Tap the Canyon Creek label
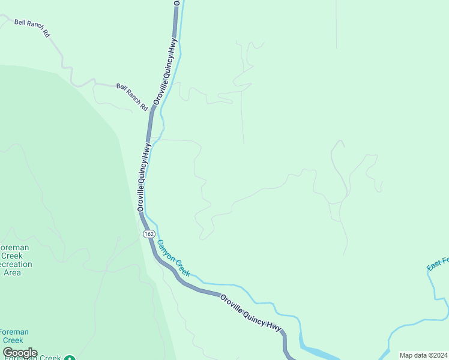pos(173,258)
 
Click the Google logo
pos(20,353)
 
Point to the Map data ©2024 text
pos(423,355)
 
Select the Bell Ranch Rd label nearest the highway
pos(132,97)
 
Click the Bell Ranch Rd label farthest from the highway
pos(32,28)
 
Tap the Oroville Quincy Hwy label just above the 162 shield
pos(144,177)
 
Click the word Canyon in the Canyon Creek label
pos(166,251)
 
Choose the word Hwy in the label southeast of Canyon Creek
pos(274,326)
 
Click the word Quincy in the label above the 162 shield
pos(143,181)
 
